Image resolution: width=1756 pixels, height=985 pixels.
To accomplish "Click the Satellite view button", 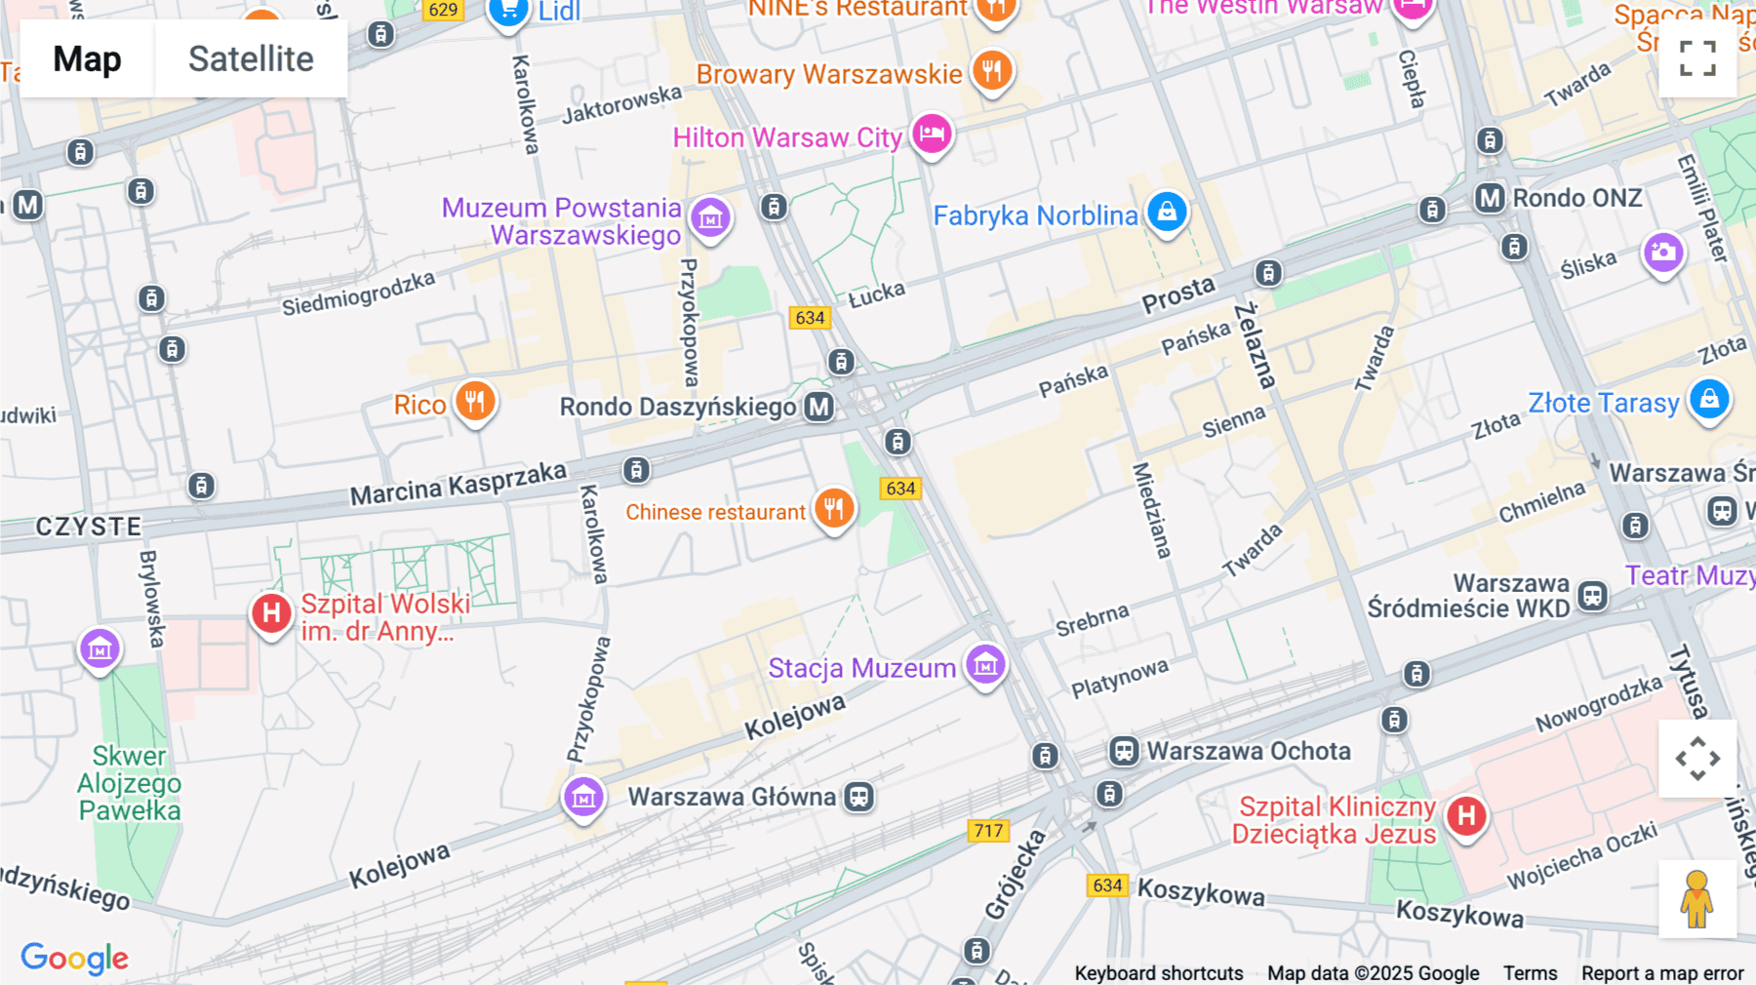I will tap(251, 59).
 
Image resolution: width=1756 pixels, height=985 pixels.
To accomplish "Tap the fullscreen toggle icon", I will tap(1697, 59).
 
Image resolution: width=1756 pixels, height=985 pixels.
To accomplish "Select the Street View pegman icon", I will tap(1696, 899).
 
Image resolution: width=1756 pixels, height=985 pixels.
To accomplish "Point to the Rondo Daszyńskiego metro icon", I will tap(818, 407).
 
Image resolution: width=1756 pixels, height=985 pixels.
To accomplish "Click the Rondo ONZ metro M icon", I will tap(1490, 198).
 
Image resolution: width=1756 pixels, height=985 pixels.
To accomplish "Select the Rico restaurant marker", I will tap(475, 401).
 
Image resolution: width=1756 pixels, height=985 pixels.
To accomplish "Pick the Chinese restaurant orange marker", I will tap(834, 508).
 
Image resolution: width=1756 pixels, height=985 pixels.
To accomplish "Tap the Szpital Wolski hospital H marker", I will tap(271, 613).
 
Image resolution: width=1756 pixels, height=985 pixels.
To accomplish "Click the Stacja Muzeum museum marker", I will tap(985, 665).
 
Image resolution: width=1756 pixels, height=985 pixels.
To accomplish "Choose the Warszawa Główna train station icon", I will tap(858, 797).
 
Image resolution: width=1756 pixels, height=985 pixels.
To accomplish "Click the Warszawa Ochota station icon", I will tap(1124, 751).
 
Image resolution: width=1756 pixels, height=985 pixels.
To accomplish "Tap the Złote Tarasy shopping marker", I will tap(1709, 399).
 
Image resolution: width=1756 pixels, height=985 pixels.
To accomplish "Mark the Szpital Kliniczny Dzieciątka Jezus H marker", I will tap(1466, 816).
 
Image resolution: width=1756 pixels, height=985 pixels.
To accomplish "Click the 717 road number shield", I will tap(988, 831).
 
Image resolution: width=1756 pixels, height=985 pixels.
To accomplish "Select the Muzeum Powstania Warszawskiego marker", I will tap(710, 218).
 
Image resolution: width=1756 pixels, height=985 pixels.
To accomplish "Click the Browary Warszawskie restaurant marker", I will tap(992, 70).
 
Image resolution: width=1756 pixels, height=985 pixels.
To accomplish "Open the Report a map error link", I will tap(1662, 973).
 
